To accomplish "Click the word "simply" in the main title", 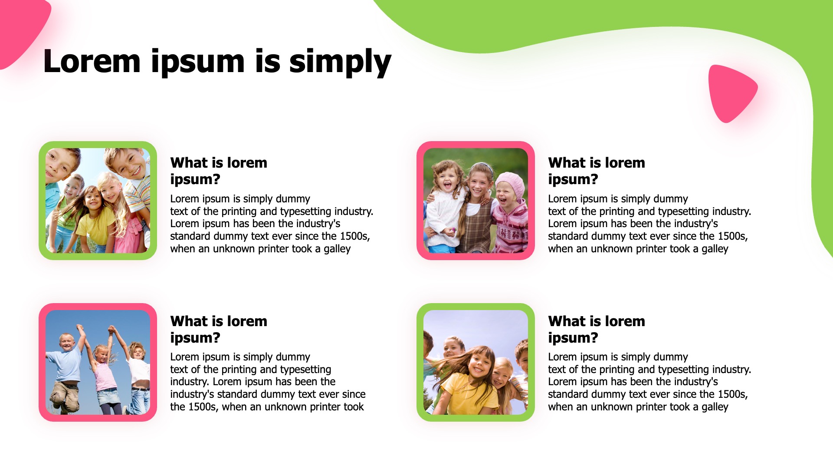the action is (340, 62).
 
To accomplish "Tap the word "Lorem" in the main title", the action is (92, 61).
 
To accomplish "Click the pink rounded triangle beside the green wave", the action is (731, 92).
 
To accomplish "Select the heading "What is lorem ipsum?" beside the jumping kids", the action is (219, 329).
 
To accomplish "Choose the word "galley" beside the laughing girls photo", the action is (715, 249).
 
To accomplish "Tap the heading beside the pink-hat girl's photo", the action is (597, 171).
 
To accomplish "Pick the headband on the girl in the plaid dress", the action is (483, 166).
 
